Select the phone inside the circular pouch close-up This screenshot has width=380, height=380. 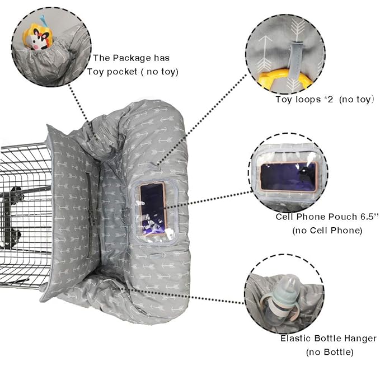289,176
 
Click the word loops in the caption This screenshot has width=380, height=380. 308,100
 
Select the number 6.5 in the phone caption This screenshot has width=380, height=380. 369,217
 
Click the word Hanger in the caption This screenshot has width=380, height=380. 360,339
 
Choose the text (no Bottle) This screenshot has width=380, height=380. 330,352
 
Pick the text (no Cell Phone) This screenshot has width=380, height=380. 327,231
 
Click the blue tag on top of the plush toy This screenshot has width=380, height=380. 44,21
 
